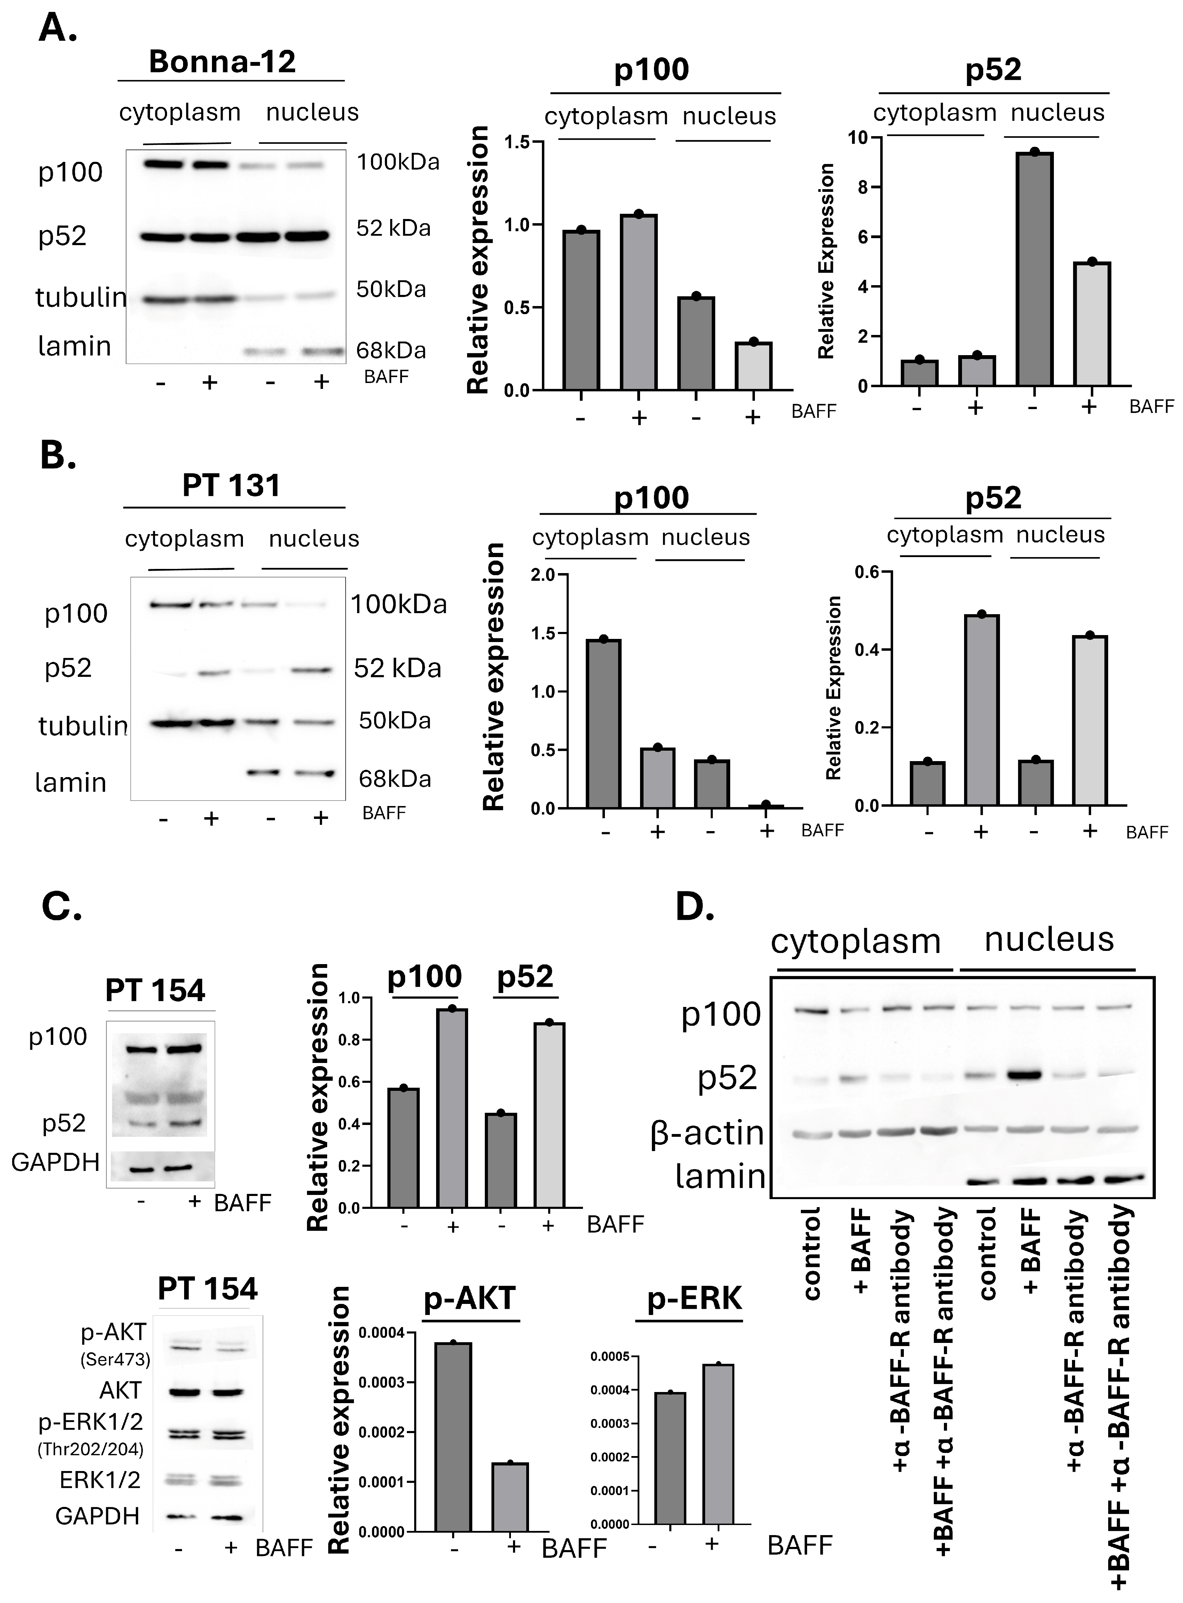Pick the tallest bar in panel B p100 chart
pyautogui.click(x=604, y=724)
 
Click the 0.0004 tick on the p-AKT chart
pyautogui.click(x=381, y=1333)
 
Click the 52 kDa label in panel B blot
pyautogui.click(x=397, y=668)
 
